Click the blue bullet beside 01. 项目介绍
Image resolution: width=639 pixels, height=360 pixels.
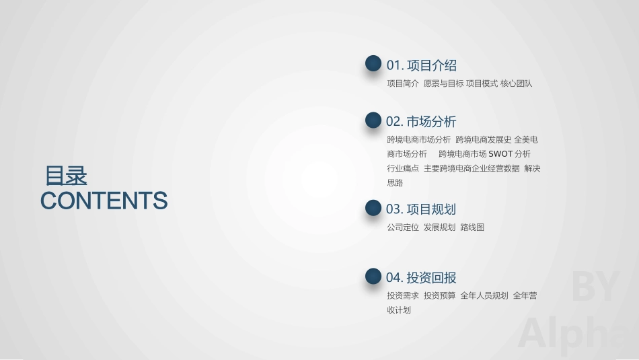click(373, 64)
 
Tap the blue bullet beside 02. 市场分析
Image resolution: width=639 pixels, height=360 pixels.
click(373, 120)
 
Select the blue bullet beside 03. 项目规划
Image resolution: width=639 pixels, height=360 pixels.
click(373, 208)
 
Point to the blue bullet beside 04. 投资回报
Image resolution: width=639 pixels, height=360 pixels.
click(373, 276)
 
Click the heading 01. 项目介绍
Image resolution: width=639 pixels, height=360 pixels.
click(421, 65)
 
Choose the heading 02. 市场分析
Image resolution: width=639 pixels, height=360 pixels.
click(421, 122)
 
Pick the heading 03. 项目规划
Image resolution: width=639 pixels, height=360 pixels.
click(421, 209)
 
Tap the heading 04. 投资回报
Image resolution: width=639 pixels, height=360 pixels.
click(421, 277)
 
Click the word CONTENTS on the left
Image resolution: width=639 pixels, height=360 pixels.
click(104, 201)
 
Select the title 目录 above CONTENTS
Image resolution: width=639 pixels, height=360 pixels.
click(66, 176)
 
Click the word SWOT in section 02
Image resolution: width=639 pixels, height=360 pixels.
click(500, 154)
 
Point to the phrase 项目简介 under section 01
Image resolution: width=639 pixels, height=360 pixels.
click(403, 83)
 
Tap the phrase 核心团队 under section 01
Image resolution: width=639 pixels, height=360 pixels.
click(516, 83)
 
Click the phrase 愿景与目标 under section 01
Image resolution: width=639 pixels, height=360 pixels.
click(443, 83)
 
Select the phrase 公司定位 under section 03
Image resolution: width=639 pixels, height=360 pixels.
click(403, 227)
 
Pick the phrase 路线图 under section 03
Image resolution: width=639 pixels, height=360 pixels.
click(472, 227)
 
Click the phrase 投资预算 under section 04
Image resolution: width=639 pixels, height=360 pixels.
click(439, 295)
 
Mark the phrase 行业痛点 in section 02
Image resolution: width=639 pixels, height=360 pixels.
click(403, 168)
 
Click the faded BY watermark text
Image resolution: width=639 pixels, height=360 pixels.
click(595, 286)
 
